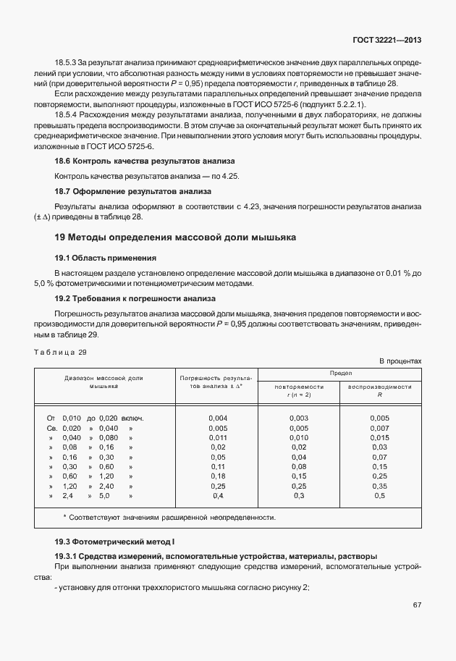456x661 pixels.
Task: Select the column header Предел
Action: [340, 372]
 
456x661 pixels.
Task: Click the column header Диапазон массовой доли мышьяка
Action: [104, 382]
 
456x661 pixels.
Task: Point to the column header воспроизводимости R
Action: [379, 391]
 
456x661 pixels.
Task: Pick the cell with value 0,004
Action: [217, 418]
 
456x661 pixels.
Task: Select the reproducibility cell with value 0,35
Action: [379, 487]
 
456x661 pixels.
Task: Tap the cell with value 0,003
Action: [299, 418]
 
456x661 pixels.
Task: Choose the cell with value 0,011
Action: [217, 438]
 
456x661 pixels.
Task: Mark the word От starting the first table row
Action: [51, 418]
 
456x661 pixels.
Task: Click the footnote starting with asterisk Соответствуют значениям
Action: [169, 518]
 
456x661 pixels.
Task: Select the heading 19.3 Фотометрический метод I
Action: [115, 542]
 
